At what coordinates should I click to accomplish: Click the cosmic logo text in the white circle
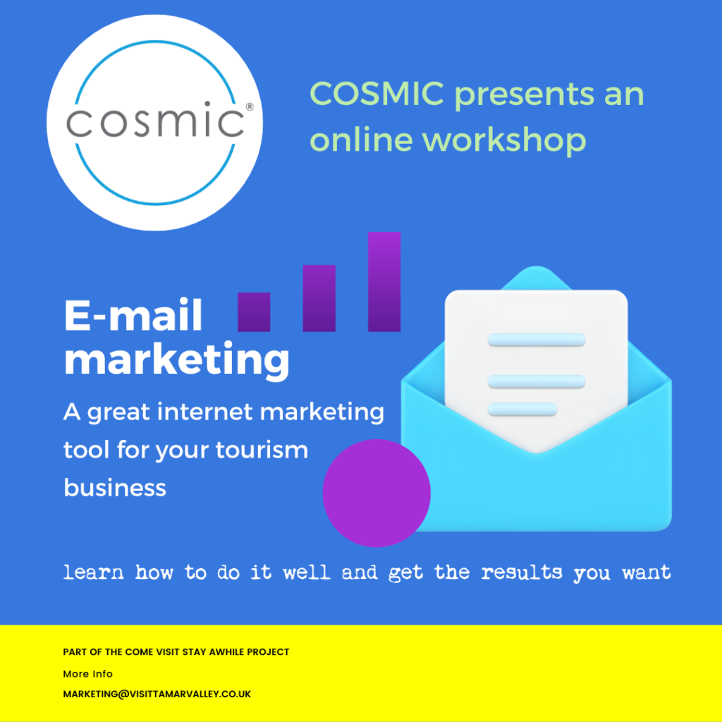pos(155,120)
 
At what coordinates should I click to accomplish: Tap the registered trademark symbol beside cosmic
pos(250,107)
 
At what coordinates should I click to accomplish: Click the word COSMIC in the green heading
pos(377,94)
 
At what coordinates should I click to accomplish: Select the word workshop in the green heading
pos(504,140)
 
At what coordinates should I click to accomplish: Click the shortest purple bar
pos(254,312)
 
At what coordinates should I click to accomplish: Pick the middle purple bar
pos(319,298)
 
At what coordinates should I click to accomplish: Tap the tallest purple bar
pos(384,282)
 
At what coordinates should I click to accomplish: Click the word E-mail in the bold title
pos(133,315)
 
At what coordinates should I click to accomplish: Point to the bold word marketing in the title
pos(177,361)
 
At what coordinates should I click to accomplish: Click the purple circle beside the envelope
pos(377,493)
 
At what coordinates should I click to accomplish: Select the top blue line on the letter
pos(537,340)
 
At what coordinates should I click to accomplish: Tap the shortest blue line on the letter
pos(522,410)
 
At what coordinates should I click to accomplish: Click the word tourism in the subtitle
pos(262,450)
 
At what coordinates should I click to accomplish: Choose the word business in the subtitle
pos(115,488)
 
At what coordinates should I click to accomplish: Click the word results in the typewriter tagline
pos(522,573)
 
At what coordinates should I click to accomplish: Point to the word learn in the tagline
pos(94,573)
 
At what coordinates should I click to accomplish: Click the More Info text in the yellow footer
pos(88,673)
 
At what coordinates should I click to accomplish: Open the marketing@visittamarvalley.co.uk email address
pos(157,694)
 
